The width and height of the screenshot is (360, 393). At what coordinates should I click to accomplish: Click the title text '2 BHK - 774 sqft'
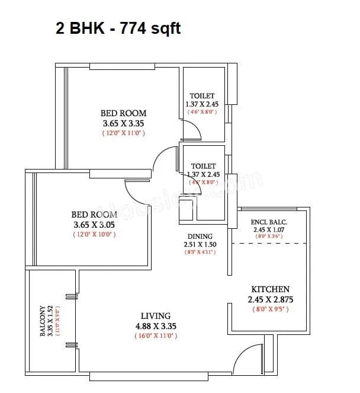pyautogui.click(x=118, y=28)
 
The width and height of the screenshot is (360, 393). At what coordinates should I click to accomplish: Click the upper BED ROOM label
pyautogui.click(x=123, y=113)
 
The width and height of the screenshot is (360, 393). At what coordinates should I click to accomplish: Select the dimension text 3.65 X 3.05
pyautogui.click(x=94, y=225)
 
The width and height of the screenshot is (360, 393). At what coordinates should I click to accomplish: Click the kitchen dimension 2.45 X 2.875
pyautogui.click(x=270, y=299)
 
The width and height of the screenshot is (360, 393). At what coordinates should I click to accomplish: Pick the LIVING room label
pyautogui.click(x=155, y=315)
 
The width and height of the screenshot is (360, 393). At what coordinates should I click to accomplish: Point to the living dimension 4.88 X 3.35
pyautogui.click(x=155, y=325)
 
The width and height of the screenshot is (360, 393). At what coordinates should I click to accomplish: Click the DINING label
pyautogui.click(x=200, y=235)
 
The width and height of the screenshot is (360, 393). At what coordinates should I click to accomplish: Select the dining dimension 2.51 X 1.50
pyautogui.click(x=200, y=244)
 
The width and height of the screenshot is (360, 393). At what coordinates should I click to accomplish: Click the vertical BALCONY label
pyautogui.click(x=43, y=321)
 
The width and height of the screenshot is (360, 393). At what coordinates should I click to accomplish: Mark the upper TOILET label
pyautogui.click(x=202, y=95)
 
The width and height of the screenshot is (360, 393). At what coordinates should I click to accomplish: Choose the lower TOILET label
pyautogui.click(x=203, y=166)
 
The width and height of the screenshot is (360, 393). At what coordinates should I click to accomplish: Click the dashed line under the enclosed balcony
pyautogui.click(x=269, y=243)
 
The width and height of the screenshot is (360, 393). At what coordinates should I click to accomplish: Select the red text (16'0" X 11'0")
pyautogui.click(x=155, y=336)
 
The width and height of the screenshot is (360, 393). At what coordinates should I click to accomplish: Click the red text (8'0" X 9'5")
pyautogui.click(x=270, y=309)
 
